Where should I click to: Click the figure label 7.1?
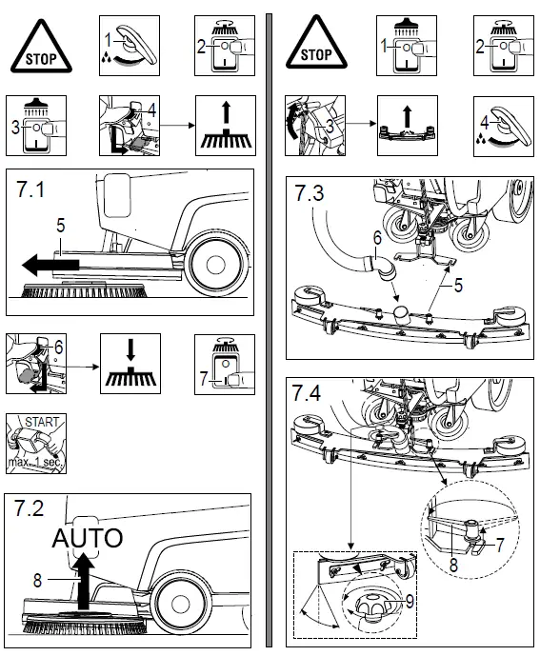[x=30, y=189]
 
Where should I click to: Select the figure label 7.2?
[x=30, y=509]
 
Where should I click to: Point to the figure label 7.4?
[x=310, y=392]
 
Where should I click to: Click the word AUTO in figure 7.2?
[x=88, y=538]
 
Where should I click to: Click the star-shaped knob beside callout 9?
[x=372, y=604]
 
